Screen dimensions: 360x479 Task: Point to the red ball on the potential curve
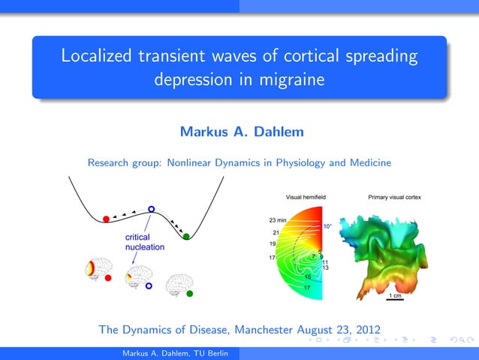[x=107, y=219]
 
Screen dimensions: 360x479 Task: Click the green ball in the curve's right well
[x=186, y=237]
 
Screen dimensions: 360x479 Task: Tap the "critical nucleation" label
[x=144, y=241]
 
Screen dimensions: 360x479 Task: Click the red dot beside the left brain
[x=109, y=277]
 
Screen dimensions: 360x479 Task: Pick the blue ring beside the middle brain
[x=149, y=286]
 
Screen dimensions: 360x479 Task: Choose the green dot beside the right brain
[x=189, y=293]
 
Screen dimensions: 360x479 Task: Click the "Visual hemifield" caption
[x=306, y=197]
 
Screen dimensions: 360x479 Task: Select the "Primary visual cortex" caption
[x=394, y=197]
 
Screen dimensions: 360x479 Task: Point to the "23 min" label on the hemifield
[x=278, y=219]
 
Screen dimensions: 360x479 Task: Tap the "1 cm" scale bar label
[x=394, y=296]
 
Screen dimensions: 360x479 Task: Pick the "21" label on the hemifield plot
[x=276, y=232]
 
